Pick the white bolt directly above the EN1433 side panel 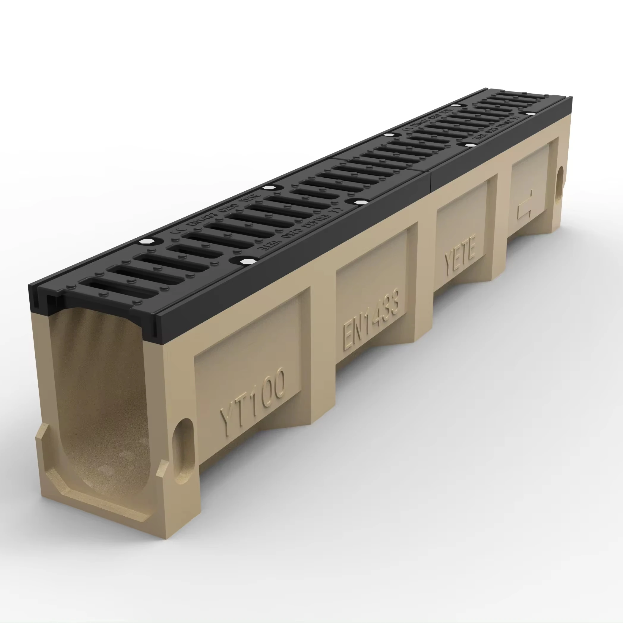click(x=357, y=202)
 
